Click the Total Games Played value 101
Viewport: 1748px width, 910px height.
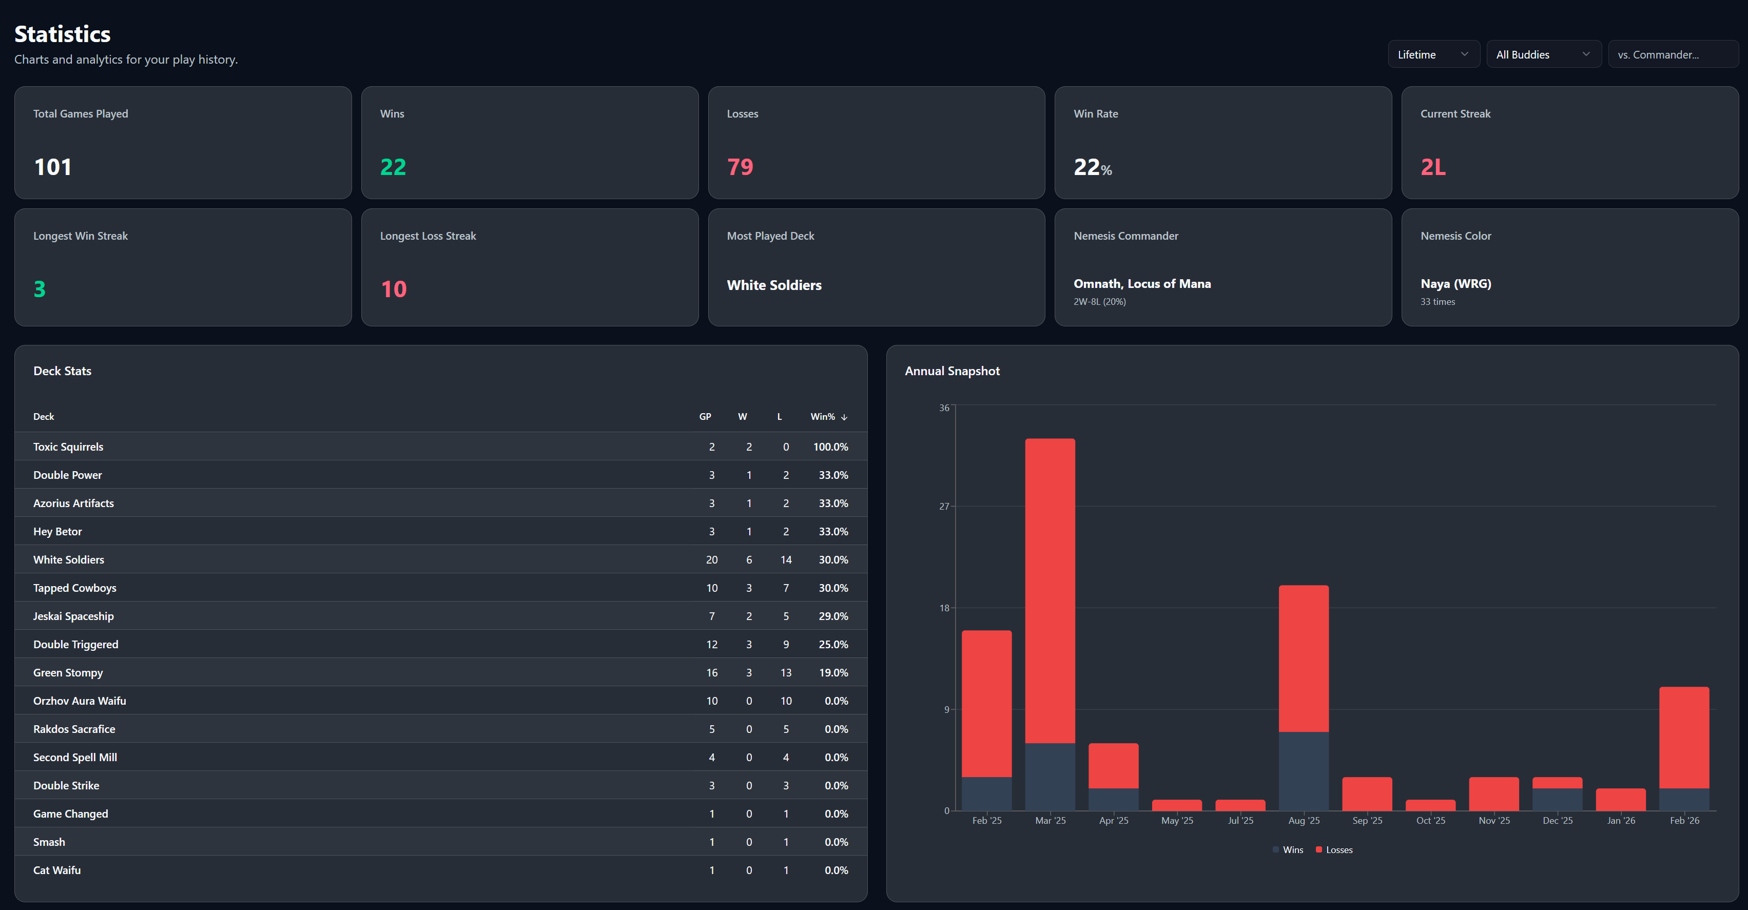click(53, 167)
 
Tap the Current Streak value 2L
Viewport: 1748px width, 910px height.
click(1432, 167)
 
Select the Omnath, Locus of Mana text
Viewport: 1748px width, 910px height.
click(1141, 284)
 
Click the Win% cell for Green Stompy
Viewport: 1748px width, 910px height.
click(832, 672)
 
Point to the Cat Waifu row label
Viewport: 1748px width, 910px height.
click(57, 870)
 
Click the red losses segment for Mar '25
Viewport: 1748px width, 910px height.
click(1050, 590)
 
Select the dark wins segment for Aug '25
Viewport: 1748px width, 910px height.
click(1303, 771)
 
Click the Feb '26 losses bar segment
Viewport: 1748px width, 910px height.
click(1683, 737)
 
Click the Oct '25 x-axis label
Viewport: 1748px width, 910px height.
click(1430, 820)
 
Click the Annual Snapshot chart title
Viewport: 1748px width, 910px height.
click(951, 371)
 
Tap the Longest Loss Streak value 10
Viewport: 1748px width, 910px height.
click(394, 289)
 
